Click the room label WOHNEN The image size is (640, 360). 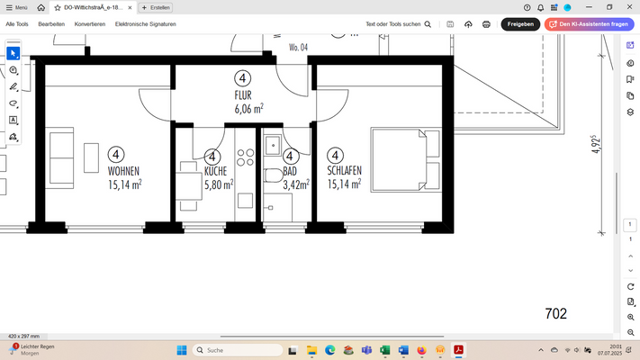(x=123, y=171)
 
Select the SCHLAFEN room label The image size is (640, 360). (x=345, y=171)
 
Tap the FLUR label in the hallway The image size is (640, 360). (x=243, y=95)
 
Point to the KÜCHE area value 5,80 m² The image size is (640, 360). (x=219, y=184)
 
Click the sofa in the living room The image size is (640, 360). (x=62, y=157)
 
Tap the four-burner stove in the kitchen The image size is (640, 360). (x=245, y=159)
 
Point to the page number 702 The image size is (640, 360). (x=556, y=313)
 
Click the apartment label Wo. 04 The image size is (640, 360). (x=298, y=46)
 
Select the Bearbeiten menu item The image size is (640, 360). (x=51, y=24)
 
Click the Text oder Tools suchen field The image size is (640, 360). (x=392, y=24)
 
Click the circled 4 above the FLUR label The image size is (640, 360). (x=243, y=78)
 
